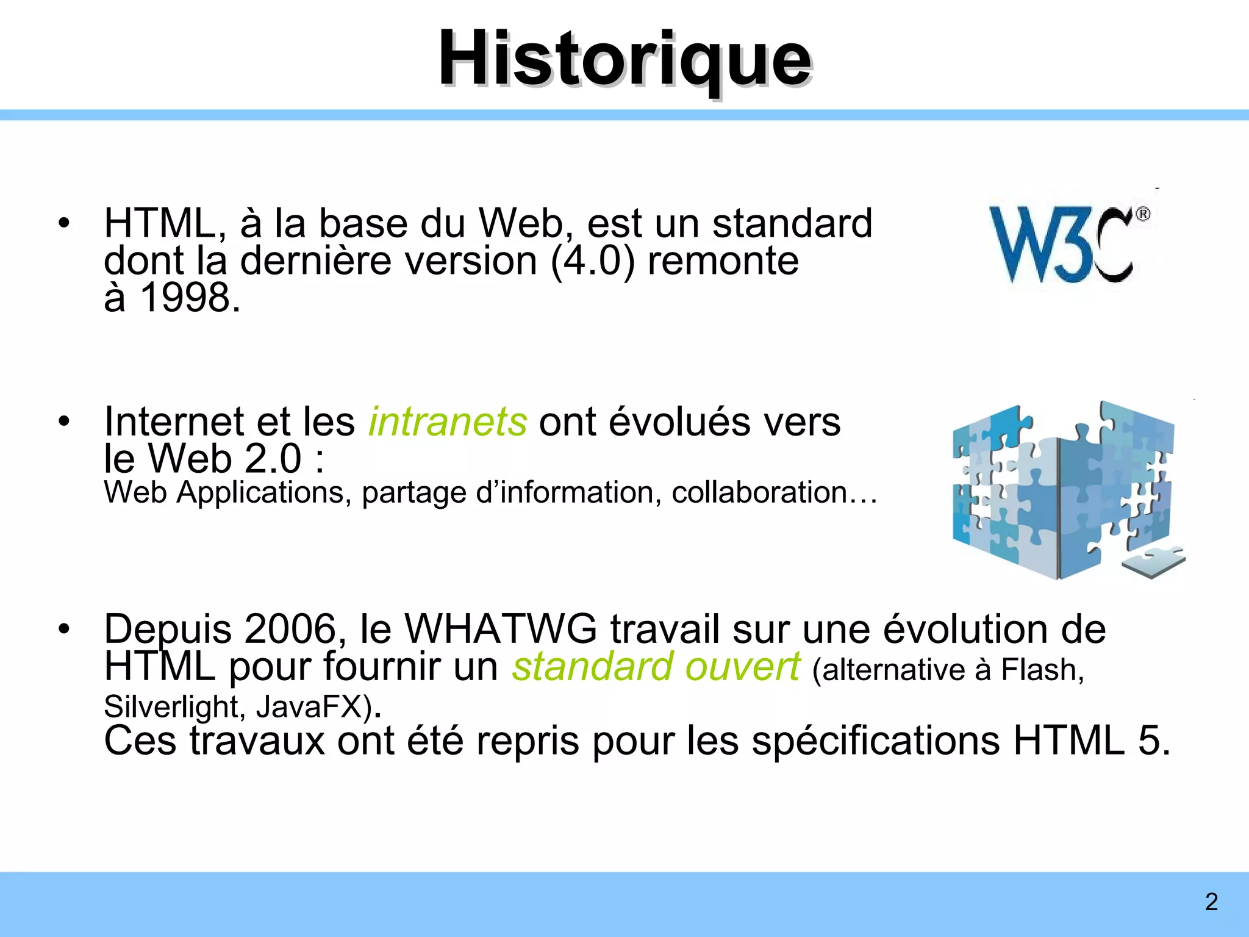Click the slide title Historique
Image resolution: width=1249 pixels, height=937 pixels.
pos(624,60)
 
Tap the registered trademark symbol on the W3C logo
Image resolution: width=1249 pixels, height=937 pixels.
pos(1142,215)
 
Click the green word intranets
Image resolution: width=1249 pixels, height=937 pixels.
pos(447,422)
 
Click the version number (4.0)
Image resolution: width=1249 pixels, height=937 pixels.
pos(592,260)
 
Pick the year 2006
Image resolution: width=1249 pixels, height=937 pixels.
pos(290,629)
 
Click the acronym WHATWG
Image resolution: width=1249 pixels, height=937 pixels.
pos(500,629)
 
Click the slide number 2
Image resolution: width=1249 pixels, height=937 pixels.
pos(1211,902)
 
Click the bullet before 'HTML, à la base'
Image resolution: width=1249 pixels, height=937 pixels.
pos(64,223)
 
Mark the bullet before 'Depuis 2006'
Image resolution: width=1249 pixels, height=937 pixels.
pos(64,629)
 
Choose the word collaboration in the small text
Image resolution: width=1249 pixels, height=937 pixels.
pos(759,492)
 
